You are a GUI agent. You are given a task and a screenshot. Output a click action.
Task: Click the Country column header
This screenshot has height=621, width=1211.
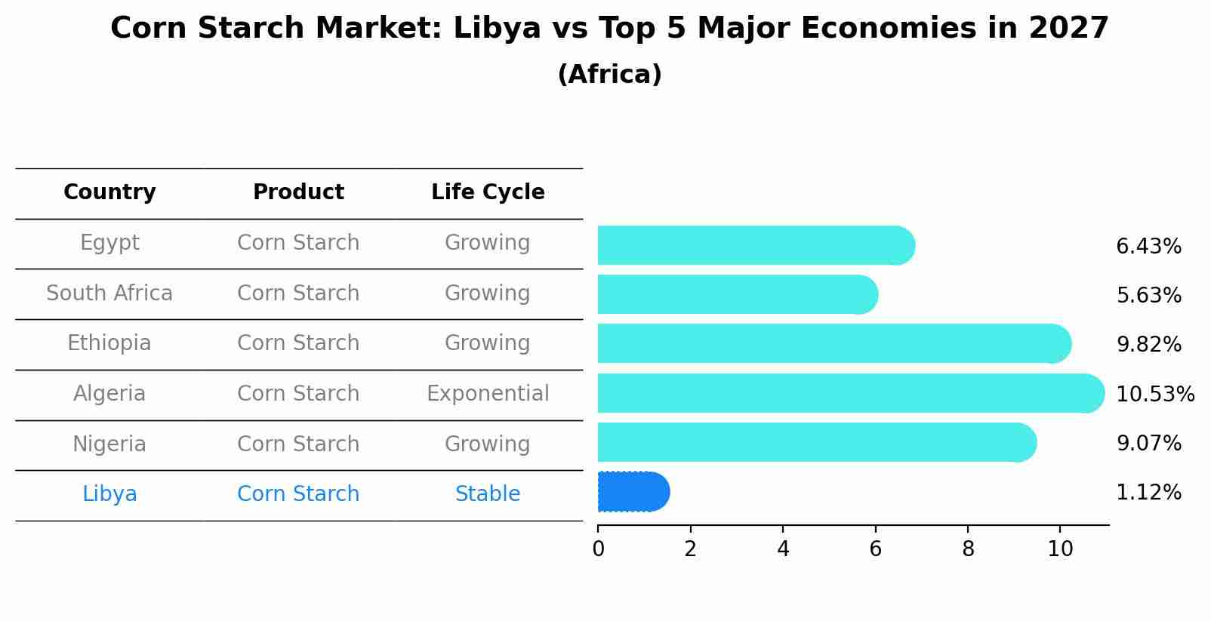109,192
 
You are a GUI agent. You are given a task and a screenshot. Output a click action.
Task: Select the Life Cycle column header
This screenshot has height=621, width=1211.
488,192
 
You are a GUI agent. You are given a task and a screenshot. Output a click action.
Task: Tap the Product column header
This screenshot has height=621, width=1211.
298,192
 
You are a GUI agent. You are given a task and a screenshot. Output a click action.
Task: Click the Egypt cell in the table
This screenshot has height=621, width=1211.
109,243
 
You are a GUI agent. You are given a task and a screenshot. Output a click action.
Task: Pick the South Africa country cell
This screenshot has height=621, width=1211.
109,293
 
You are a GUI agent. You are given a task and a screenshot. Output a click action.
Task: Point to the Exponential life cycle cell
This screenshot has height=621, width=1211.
488,394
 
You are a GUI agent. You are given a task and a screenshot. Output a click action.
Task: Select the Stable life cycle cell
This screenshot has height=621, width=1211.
488,494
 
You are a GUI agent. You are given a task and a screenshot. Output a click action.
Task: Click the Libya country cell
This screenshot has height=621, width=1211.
109,494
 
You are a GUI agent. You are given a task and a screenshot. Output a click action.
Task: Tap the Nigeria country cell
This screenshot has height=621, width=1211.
109,444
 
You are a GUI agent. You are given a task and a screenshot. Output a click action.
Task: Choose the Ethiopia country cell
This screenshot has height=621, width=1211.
109,343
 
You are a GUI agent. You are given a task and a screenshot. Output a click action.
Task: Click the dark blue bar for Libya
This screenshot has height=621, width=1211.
633,491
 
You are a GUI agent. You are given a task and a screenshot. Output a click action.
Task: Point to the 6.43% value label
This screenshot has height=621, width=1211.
1148,247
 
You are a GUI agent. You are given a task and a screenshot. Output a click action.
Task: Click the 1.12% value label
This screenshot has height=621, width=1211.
1148,493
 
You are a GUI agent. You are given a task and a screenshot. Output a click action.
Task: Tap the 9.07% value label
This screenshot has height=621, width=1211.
1148,443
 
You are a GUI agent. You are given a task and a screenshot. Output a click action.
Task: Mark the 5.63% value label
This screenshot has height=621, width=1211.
1148,295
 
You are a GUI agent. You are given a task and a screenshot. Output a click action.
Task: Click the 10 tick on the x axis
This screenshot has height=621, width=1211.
1060,549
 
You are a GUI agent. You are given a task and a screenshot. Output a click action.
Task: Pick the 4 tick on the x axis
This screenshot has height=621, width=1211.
783,549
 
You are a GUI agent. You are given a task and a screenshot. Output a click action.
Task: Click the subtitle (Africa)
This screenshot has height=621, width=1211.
609,75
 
